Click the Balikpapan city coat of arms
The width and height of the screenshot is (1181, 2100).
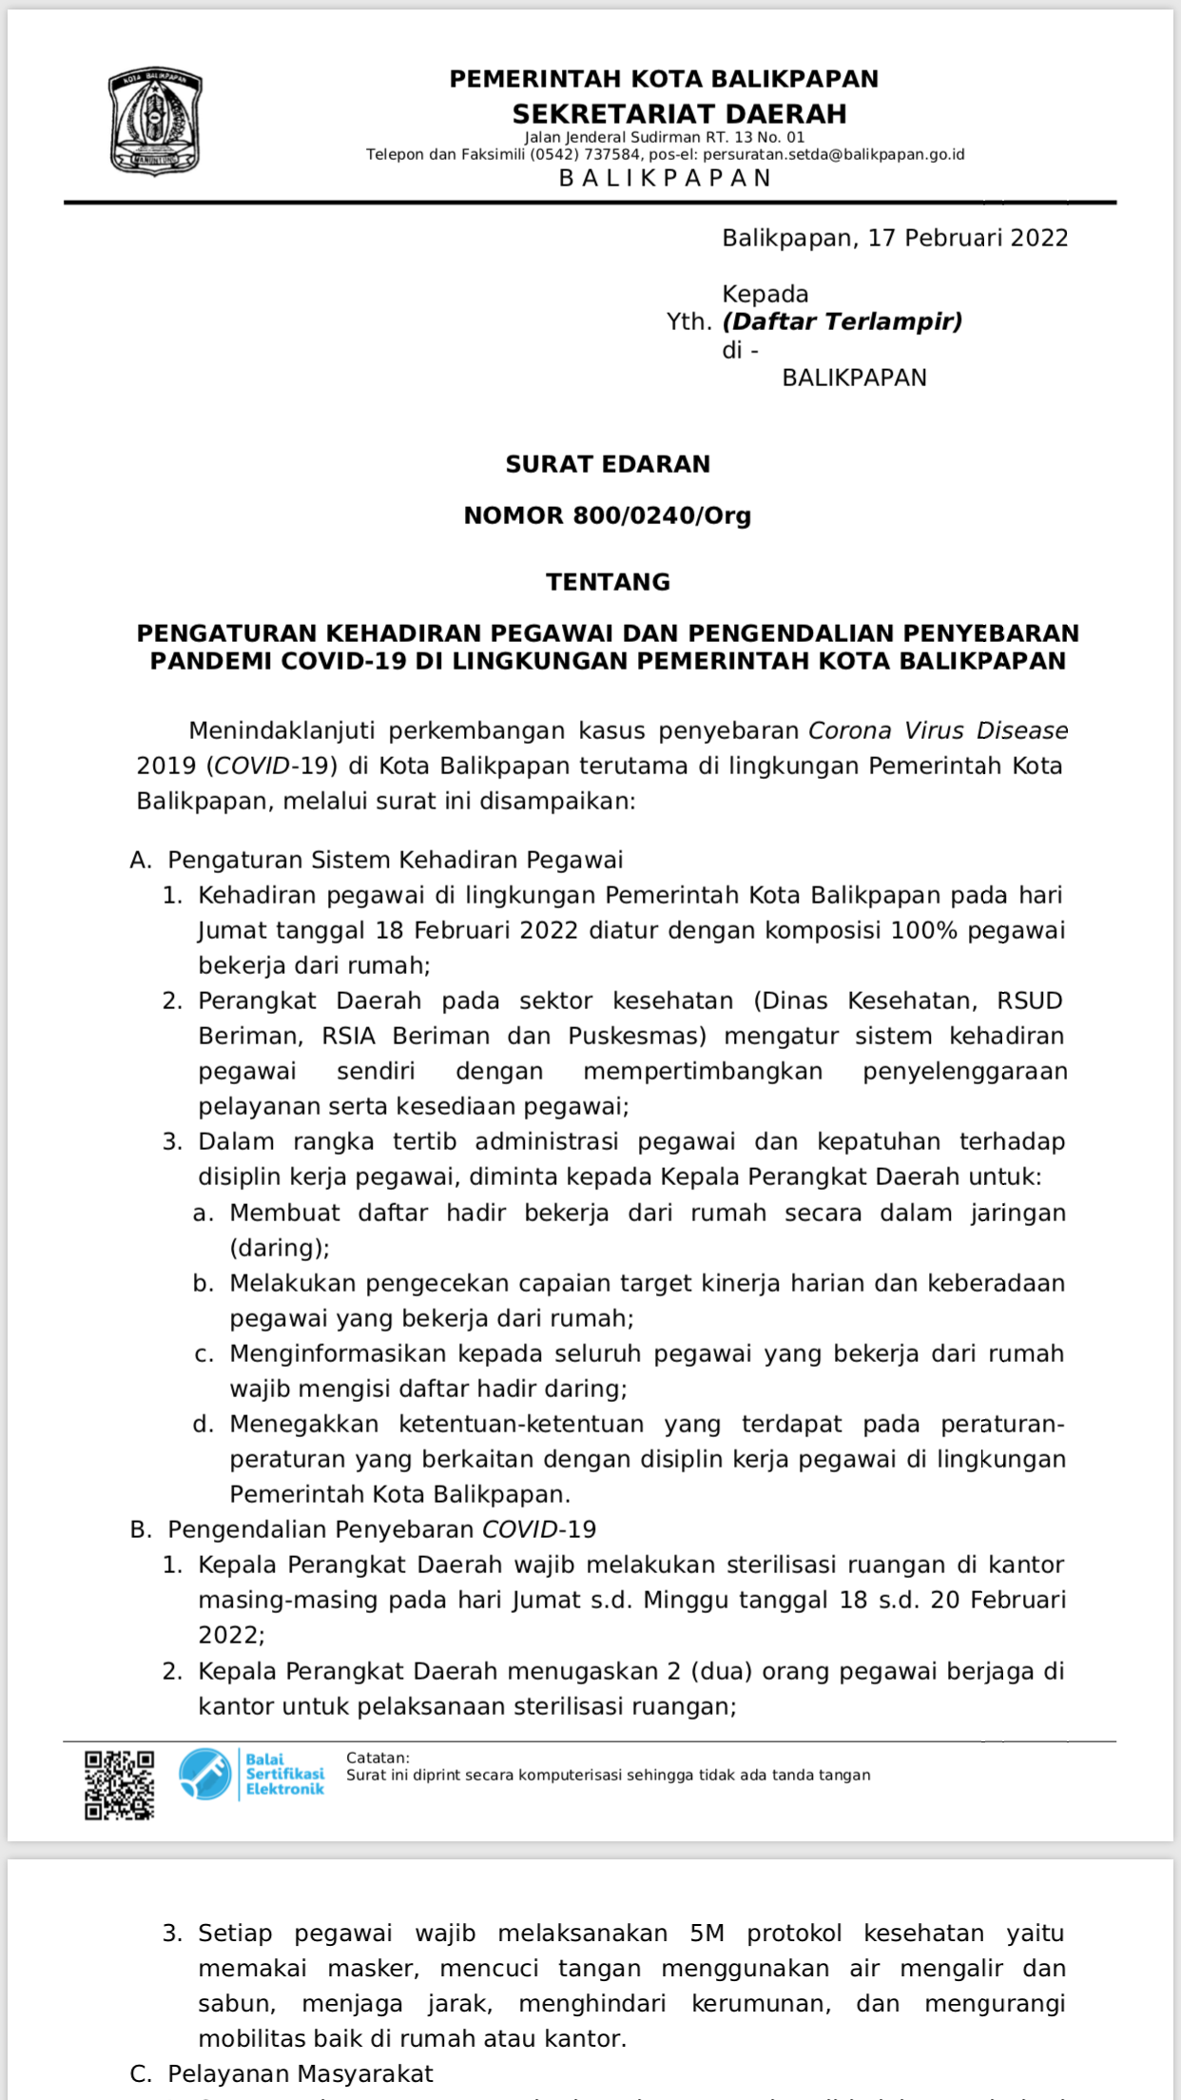155,121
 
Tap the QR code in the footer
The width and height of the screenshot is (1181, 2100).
119,1785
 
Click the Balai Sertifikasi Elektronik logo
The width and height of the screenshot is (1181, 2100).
252,1774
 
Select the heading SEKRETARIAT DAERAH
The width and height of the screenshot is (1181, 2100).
679,114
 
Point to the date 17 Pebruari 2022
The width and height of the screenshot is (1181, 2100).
967,238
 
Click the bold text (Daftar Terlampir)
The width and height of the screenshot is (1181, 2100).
842,321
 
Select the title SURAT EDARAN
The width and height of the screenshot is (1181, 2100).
608,464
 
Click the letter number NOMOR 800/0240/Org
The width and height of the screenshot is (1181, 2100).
608,515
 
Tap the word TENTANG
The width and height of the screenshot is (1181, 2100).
608,582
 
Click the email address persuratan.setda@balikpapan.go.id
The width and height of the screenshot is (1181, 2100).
833,154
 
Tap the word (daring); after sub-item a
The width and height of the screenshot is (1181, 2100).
280,1248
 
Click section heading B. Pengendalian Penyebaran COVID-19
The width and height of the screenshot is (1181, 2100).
363,1529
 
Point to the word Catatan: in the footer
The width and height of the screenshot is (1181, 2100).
378,1758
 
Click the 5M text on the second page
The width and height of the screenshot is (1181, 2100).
707,1934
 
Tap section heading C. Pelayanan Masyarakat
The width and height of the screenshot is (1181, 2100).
281,2074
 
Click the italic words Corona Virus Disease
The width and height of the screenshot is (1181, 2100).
938,730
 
